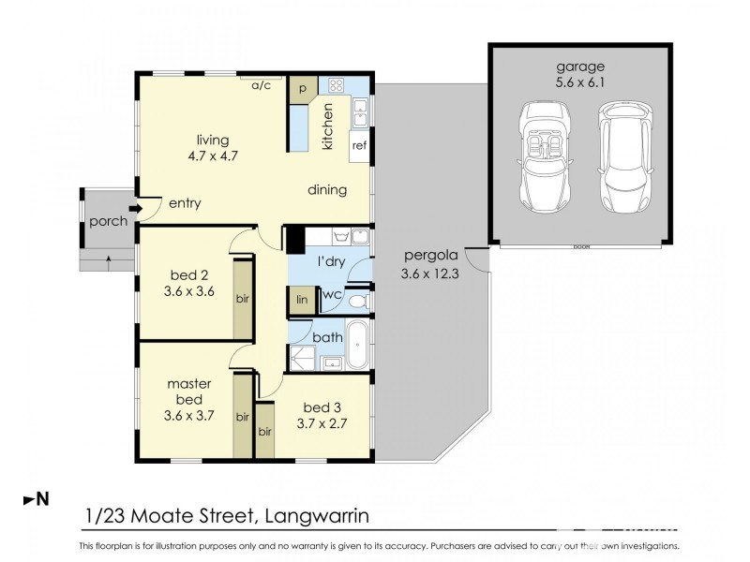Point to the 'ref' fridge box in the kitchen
[357, 145]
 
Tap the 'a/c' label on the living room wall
[261, 84]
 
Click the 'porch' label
[108, 222]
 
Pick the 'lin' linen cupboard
[302, 299]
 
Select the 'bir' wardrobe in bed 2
[243, 299]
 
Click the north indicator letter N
[41, 501]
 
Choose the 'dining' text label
[327, 190]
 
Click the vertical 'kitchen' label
[328, 126]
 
